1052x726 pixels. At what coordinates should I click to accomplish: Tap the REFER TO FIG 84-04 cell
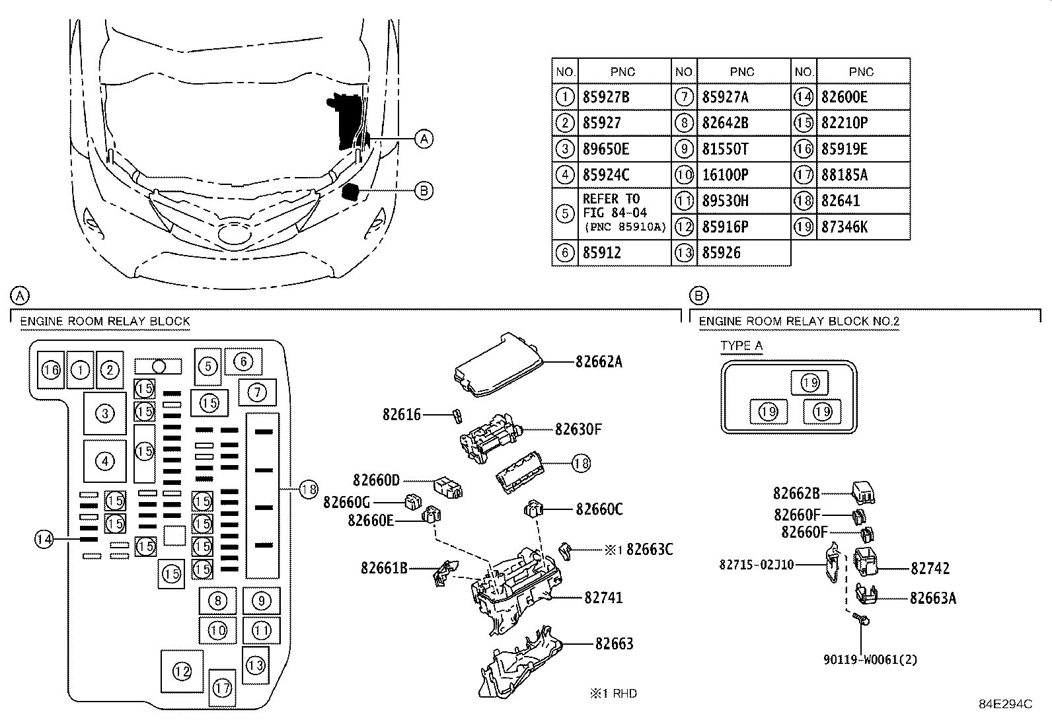[623, 213]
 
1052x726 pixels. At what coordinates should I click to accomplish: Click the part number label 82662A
[599, 362]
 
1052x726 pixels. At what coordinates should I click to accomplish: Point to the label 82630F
[579, 429]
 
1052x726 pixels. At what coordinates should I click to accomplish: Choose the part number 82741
[603, 598]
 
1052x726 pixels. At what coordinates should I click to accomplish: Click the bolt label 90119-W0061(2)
[870, 659]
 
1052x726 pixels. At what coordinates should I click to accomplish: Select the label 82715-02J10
[757, 565]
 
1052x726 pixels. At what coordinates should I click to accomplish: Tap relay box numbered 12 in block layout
[182, 671]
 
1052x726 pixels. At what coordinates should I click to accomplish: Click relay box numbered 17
[223, 688]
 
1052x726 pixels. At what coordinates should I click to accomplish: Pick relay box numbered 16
[51, 370]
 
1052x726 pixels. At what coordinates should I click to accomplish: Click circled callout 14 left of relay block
[44, 539]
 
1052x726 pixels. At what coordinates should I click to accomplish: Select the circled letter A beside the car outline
[424, 138]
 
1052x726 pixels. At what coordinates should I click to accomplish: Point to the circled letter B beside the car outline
[424, 191]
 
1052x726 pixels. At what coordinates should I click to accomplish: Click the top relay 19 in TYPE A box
[809, 382]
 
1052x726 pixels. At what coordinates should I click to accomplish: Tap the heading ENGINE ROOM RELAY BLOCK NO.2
[799, 322]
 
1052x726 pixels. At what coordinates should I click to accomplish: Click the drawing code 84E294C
[1005, 704]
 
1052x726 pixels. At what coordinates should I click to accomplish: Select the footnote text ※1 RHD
[614, 693]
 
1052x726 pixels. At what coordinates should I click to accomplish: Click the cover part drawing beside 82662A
[498, 365]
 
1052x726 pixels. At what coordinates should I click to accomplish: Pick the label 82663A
[932, 599]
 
